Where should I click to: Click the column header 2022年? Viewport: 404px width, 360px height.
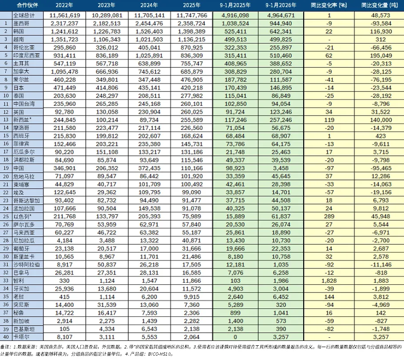point(64,6)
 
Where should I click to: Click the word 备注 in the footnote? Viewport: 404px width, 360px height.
point(5,346)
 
